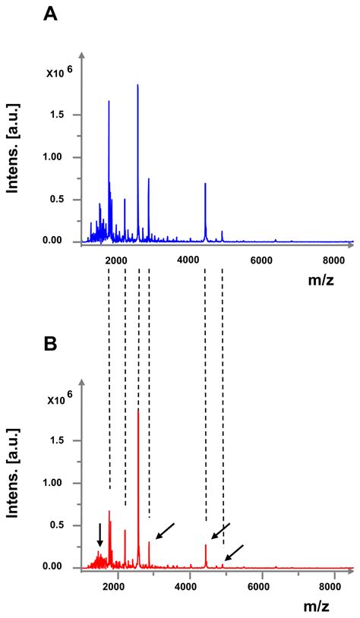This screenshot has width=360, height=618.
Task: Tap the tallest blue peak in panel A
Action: click(137, 86)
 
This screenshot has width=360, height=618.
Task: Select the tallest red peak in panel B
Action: click(137, 411)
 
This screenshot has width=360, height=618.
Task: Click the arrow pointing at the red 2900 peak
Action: click(164, 531)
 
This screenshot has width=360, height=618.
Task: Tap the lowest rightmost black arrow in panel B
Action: click(234, 553)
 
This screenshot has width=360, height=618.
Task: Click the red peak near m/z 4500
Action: click(206, 545)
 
